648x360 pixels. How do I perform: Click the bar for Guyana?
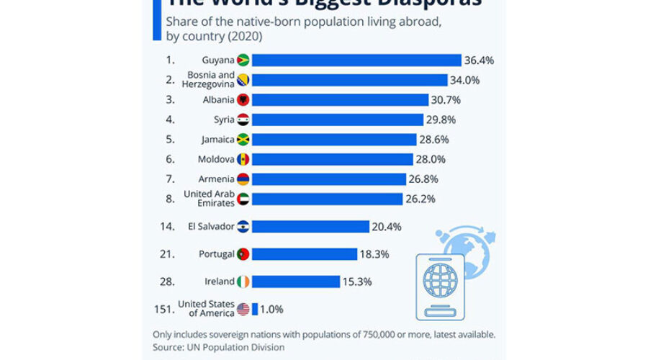tap(356, 60)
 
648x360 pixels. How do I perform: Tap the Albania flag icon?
tap(243, 99)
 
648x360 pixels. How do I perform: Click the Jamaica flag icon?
tap(243, 140)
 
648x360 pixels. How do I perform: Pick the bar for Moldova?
tap(333, 159)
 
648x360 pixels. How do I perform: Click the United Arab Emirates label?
tap(209, 199)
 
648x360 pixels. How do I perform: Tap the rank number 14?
tap(166, 226)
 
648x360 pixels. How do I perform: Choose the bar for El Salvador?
tap(310, 226)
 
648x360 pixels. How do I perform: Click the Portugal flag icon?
tap(243, 254)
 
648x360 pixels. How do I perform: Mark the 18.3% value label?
tap(375, 254)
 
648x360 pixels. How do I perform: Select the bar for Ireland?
tap(296, 282)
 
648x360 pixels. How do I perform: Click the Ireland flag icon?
tap(243, 282)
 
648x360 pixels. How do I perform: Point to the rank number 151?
tap(164, 309)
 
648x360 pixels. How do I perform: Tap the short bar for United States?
tap(254, 309)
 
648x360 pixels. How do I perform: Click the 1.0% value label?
tap(272, 309)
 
